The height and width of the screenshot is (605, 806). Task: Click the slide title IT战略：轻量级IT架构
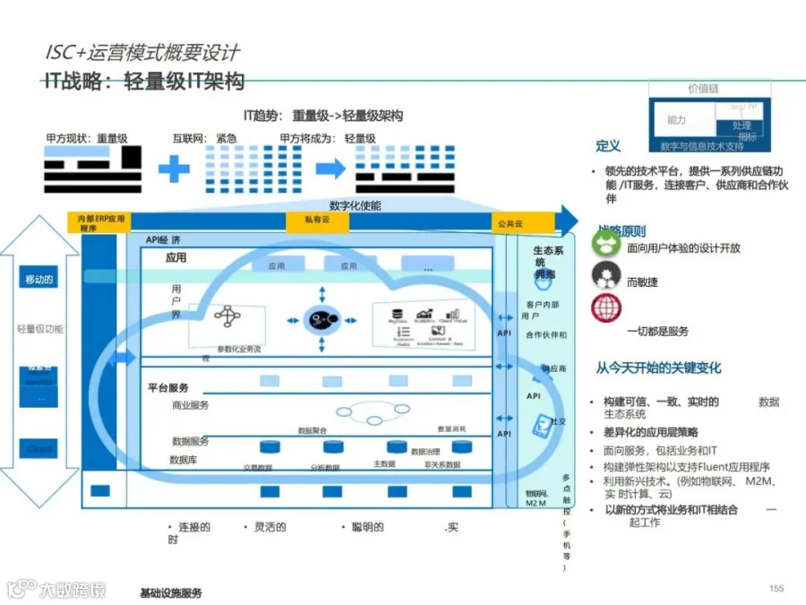pyautogui.click(x=144, y=82)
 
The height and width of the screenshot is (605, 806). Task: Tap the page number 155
pyautogui.click(x=776, y=588)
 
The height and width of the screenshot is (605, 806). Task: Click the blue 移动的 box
pyautogui.click(x=39, y=280)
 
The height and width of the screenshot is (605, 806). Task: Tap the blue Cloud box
pyautogui.click(x=39, y=448)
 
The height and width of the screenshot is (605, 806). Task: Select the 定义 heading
pyautogui.click(x=608, y=146)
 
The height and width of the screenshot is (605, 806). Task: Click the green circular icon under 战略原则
pyautogui.click(x=606, y=246)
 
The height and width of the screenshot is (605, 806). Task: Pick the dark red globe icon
pyautogui.click(x=606, y=308)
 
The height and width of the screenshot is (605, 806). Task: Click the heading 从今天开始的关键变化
pyautogui.click(x=659, y=367)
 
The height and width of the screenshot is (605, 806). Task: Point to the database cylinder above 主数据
pyautogui.click(x=396, y=446)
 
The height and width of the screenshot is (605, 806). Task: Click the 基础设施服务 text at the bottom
pyautogui.click(x=171, y=592)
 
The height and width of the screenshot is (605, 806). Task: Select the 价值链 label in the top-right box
pyautogui.click(x=703, y=89)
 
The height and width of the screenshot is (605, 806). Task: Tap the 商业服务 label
pyautogui.click(x=190, y=406)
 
